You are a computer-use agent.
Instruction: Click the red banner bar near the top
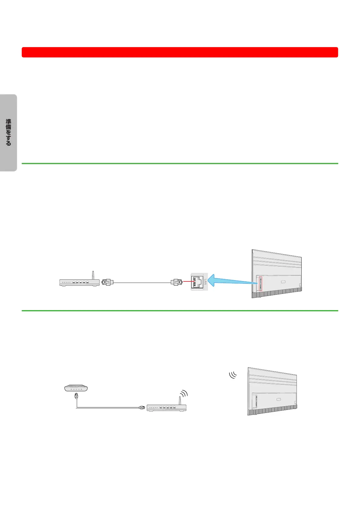tap(180, 52)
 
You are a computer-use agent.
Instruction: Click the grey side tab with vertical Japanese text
tap(8, 133)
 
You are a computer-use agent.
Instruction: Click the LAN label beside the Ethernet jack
tap(205, 282)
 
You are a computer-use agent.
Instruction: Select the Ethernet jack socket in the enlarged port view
tap(196, 282)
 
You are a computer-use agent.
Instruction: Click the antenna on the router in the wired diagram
tap(93, 275)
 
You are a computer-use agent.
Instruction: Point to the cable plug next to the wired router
tap(107, 283)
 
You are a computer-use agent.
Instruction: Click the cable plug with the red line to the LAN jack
tap(177, 282)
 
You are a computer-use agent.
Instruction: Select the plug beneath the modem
tap(76, 396)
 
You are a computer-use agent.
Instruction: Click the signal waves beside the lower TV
tap(233, 375)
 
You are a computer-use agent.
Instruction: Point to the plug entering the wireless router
tap(141, 408)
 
